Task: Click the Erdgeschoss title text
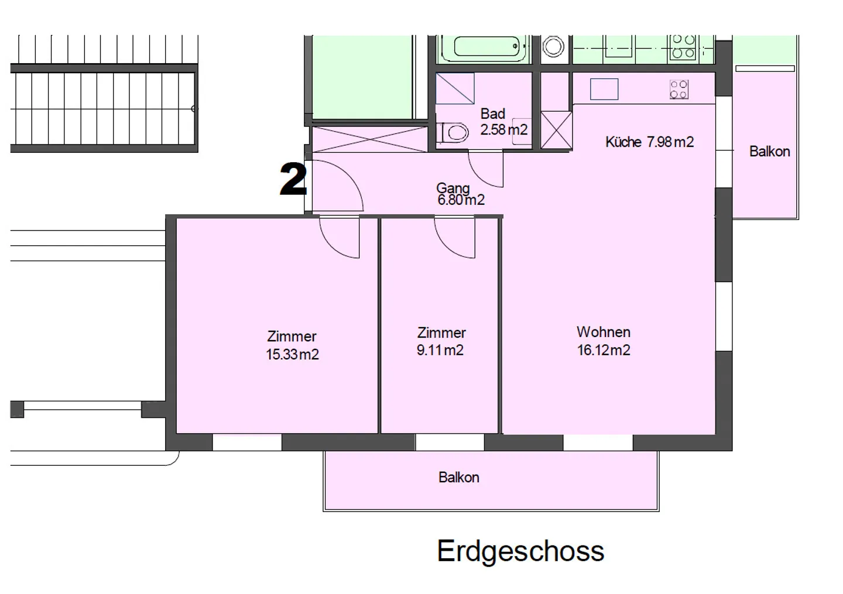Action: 520,551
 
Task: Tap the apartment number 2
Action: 293,179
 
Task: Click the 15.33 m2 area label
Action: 292,355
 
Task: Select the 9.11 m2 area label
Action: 440,351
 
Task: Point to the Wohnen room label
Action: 604,332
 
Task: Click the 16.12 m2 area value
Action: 604,351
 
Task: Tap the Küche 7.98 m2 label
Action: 649,142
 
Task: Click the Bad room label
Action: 492,114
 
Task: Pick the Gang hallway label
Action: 453,188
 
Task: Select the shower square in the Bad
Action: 455,88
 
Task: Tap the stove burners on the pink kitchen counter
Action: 678,90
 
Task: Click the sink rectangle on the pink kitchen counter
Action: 604,89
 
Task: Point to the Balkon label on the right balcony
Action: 769,152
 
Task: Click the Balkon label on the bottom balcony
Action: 458,478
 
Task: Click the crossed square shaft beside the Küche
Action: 556,130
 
